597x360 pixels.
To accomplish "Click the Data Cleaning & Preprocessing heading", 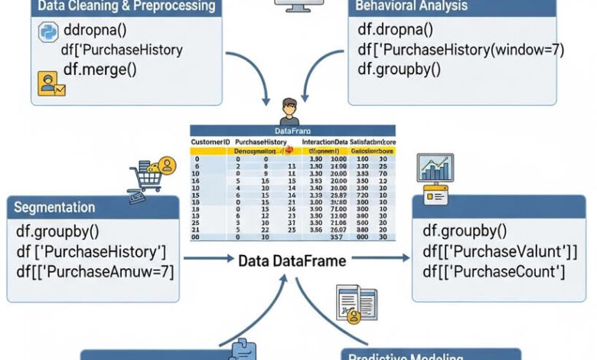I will (x=126, y=7).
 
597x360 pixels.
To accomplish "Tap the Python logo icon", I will (x=47, y=33).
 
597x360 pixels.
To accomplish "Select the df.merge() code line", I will (x=99, y=70).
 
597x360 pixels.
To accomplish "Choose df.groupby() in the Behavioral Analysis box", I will (x=400, y=70).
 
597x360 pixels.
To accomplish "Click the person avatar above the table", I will (x=289, y=112).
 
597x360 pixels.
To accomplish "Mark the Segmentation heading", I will (x=54, y=208).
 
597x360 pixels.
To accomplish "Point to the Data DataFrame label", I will (x=292, y=261).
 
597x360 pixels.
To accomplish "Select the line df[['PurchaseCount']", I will (x=494, y=271).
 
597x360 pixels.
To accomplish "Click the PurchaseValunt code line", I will (x=500, y=251).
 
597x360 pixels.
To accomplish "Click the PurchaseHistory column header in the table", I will (x=261, y=142).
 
